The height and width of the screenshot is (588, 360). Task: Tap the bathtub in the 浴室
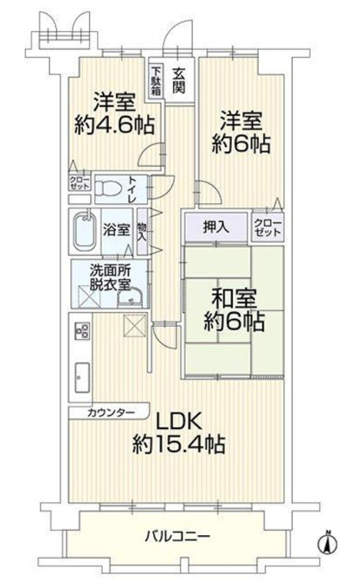click(x=85, y=232)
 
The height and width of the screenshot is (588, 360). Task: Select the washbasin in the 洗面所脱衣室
click(x=131, y=298)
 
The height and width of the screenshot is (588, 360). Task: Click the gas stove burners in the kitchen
click(x=82, y=330)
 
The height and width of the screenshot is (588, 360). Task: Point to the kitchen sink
click(x=82, y=377)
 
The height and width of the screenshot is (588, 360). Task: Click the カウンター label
click(x=111, y=412)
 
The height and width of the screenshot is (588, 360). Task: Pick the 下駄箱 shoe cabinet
click(x=156, y=80)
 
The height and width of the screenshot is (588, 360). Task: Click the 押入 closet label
click(x=215, y=227)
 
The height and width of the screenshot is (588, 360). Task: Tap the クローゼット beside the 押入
click(x=267, y=227)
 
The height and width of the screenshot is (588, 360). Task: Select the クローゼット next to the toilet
click(x=80, y=182)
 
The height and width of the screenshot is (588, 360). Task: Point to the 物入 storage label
click(x=142, y=232)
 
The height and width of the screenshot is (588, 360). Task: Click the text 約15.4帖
click(x=178, y=444)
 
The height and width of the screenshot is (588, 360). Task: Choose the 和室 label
click(x=234, y=298)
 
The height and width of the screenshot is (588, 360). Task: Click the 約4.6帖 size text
click(x=114, y=125)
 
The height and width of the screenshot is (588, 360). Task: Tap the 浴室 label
click(x=116, y=230)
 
